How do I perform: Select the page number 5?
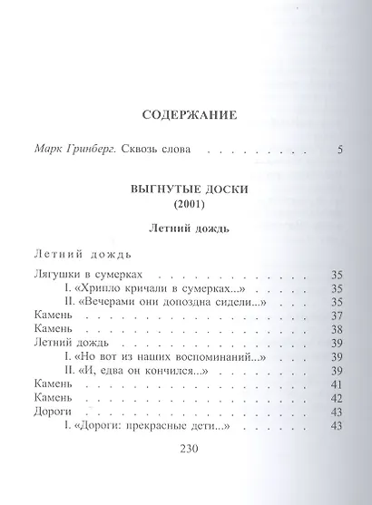point(339,149)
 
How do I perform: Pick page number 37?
point(336,316)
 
